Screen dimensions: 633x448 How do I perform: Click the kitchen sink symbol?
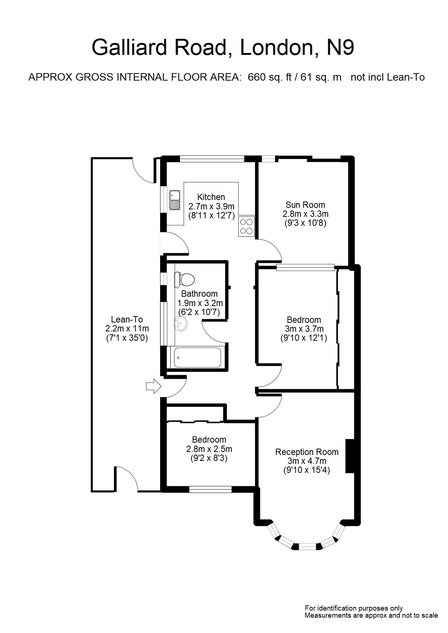pos(174,200)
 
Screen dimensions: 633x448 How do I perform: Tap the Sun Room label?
pos(305,205)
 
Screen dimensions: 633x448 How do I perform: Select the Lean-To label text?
pos(127,319)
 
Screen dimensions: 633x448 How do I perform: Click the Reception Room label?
pos(307,452)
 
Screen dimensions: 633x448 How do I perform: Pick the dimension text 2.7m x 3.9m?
pos(211,206)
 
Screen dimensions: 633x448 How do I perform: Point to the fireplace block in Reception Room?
pos(350,456)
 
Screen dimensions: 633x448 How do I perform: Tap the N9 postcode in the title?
pos(340,48)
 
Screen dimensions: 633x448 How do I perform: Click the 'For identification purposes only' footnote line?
pos(354,608)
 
